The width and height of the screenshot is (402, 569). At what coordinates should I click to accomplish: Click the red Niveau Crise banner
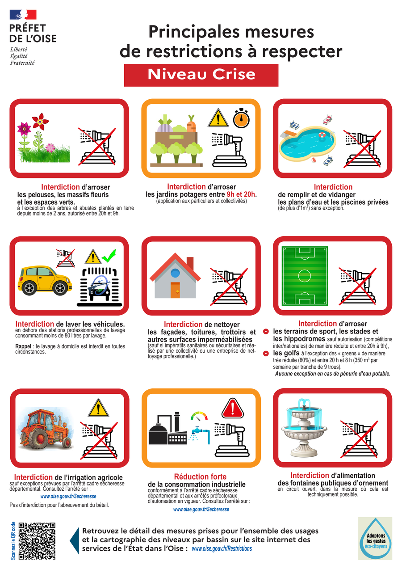click(x=201, y=75)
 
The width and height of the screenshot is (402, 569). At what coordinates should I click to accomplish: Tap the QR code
click(x=37, y=541)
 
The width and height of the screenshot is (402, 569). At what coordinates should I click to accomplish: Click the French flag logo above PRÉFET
click(x=23, y=15)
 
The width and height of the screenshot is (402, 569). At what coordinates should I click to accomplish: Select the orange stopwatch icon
click(x=241, y=118)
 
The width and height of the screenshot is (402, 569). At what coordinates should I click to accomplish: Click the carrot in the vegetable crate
click(x=192, y=124)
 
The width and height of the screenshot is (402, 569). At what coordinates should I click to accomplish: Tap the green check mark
click(x=109, y=256)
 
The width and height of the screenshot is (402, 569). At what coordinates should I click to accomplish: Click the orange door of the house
click(x=175, y=290)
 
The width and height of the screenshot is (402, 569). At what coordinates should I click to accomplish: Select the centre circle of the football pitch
click(x=305, y=276)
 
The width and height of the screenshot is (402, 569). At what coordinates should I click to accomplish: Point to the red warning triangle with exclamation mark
click(x=232, y=408)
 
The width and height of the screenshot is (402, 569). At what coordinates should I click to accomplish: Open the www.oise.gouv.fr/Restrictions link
click(x=222, y=548)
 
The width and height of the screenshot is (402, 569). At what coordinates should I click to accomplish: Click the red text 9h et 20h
click(x=241, y=194)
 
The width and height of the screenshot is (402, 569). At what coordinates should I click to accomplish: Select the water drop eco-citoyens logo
click(x=375, y=538)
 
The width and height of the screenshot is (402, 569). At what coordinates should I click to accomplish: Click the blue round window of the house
click(x=175, y=273)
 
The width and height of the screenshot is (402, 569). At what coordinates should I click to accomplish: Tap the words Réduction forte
click(x=200, y=476)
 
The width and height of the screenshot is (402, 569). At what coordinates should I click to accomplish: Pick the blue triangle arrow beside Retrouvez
click(x=75, y=541)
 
